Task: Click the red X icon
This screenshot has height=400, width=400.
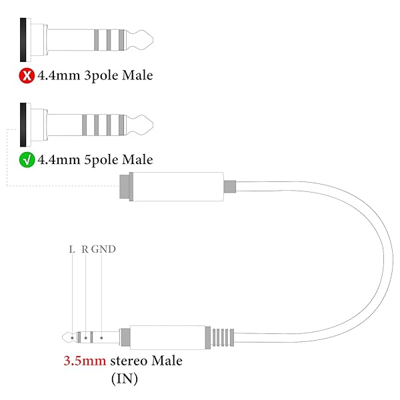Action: tap(26, 75)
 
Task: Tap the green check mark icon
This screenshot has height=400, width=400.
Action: tap(26, 160)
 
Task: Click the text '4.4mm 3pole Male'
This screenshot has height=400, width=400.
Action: tap(95, 75)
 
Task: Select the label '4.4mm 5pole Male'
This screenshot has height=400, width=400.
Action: tap(95, 160)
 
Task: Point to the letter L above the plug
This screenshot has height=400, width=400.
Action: tap(72, 250)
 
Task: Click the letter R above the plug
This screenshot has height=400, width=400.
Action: tap(85, 250)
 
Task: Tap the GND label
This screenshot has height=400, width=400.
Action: tap(104, 250)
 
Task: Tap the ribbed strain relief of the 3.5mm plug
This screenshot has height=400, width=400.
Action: tap(223, 338)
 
